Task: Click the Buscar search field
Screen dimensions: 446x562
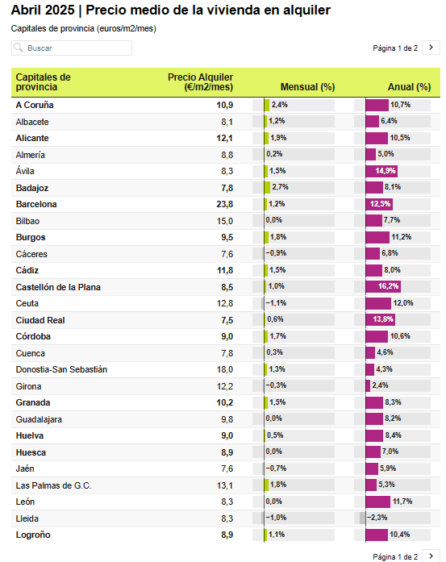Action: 72,48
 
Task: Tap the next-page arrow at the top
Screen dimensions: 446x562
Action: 431,48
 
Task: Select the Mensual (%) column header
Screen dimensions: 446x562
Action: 307,87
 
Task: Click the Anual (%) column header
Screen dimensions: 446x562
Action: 409,87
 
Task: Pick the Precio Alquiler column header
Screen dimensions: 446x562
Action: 200,82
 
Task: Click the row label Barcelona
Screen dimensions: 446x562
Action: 36,204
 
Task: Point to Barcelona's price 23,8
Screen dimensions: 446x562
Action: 225,204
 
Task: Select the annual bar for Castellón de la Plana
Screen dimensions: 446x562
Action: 383,286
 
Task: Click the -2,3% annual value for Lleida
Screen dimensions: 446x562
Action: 377,518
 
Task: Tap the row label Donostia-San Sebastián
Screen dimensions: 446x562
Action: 61,369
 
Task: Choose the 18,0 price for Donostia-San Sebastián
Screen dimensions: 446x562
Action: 225,369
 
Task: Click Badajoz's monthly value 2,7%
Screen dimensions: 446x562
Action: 281,187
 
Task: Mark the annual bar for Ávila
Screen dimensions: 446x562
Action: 381,171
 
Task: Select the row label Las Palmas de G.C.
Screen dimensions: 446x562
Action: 53,485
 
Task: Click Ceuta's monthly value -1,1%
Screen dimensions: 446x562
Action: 276,303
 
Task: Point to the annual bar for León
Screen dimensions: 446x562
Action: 378,502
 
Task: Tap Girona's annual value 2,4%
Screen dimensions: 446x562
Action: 380,385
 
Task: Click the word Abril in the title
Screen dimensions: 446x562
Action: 25,10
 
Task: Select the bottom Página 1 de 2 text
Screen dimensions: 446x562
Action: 395,556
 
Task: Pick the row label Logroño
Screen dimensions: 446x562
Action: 33,535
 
